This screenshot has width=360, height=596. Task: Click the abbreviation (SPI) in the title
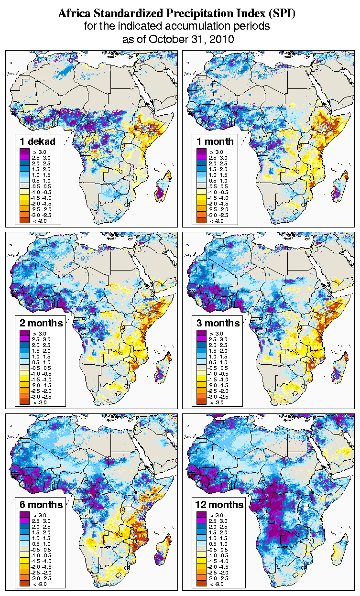click(x=282, y=14)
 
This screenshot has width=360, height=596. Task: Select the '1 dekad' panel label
click(x=37, y=141)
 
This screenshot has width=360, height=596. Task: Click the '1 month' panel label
click(x=214, y=141)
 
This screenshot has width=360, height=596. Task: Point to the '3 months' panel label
click(x=218, y=323)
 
